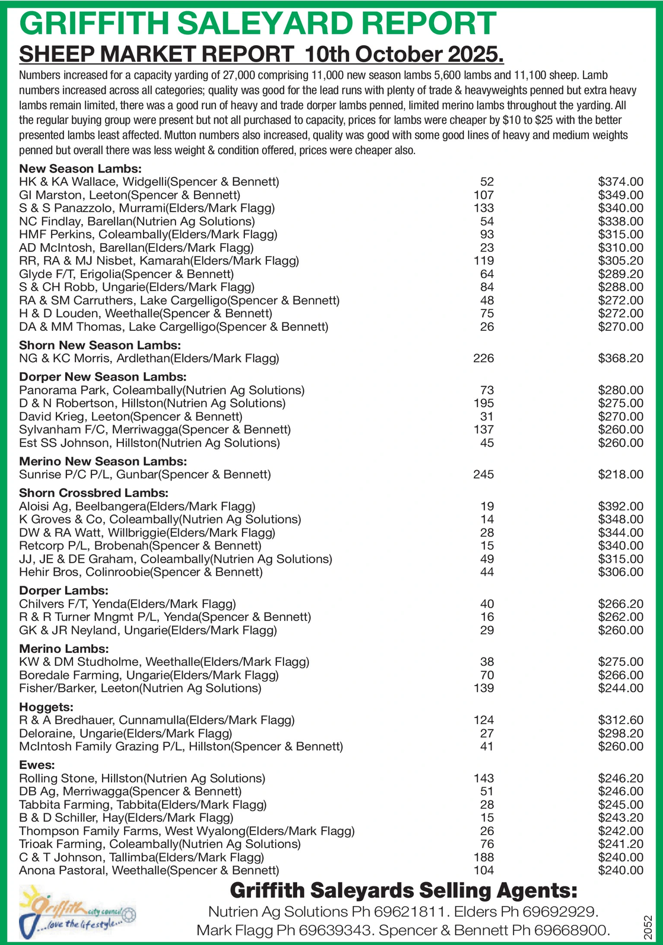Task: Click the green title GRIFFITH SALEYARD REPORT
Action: tap(257, 24)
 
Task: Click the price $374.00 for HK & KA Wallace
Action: tap(620, 181)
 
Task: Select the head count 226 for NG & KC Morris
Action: tap(483, 358)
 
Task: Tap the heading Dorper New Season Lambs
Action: tap(103, 376)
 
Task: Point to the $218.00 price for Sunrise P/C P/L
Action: tap(620, 474)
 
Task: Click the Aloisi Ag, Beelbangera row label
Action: tap(137, 506)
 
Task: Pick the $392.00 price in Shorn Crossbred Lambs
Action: tap(620, 506)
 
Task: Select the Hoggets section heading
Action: tap(46, 707)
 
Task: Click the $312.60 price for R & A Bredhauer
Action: tap(620, 720)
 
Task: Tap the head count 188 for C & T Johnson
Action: tap(483, 857)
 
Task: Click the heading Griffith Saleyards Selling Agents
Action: tap(403, 890)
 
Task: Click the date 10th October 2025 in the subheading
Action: tap(403, 55)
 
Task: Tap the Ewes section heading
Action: tap(37, 765)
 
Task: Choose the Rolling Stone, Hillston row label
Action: tap(142, 778)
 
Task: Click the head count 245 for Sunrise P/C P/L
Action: tap(483, 474)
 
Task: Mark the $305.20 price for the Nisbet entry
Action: tap(620, 261)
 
